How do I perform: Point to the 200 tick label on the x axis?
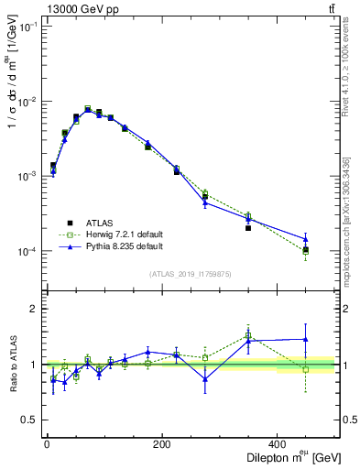161,444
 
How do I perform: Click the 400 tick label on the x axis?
276,444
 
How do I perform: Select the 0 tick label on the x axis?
47,444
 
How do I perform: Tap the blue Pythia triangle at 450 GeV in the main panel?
306,239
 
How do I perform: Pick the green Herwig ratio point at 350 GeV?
248,335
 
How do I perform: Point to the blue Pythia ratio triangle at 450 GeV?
306,339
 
